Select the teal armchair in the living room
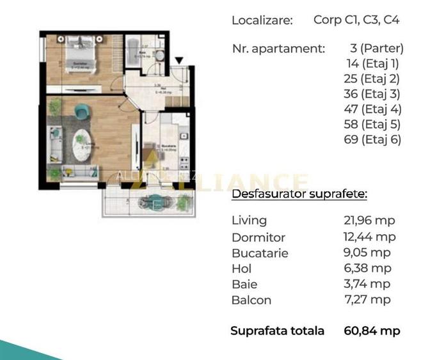[82, 112]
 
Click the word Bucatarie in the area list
[260, 253]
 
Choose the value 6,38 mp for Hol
[367, 269]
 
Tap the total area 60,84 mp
[372, 331]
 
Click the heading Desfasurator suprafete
[299, 194]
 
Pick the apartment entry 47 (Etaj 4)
[372, 109]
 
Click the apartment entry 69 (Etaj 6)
[372, 139]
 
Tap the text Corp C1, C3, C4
[356, 19]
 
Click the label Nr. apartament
[278, 48]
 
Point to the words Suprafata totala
[278, 331]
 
